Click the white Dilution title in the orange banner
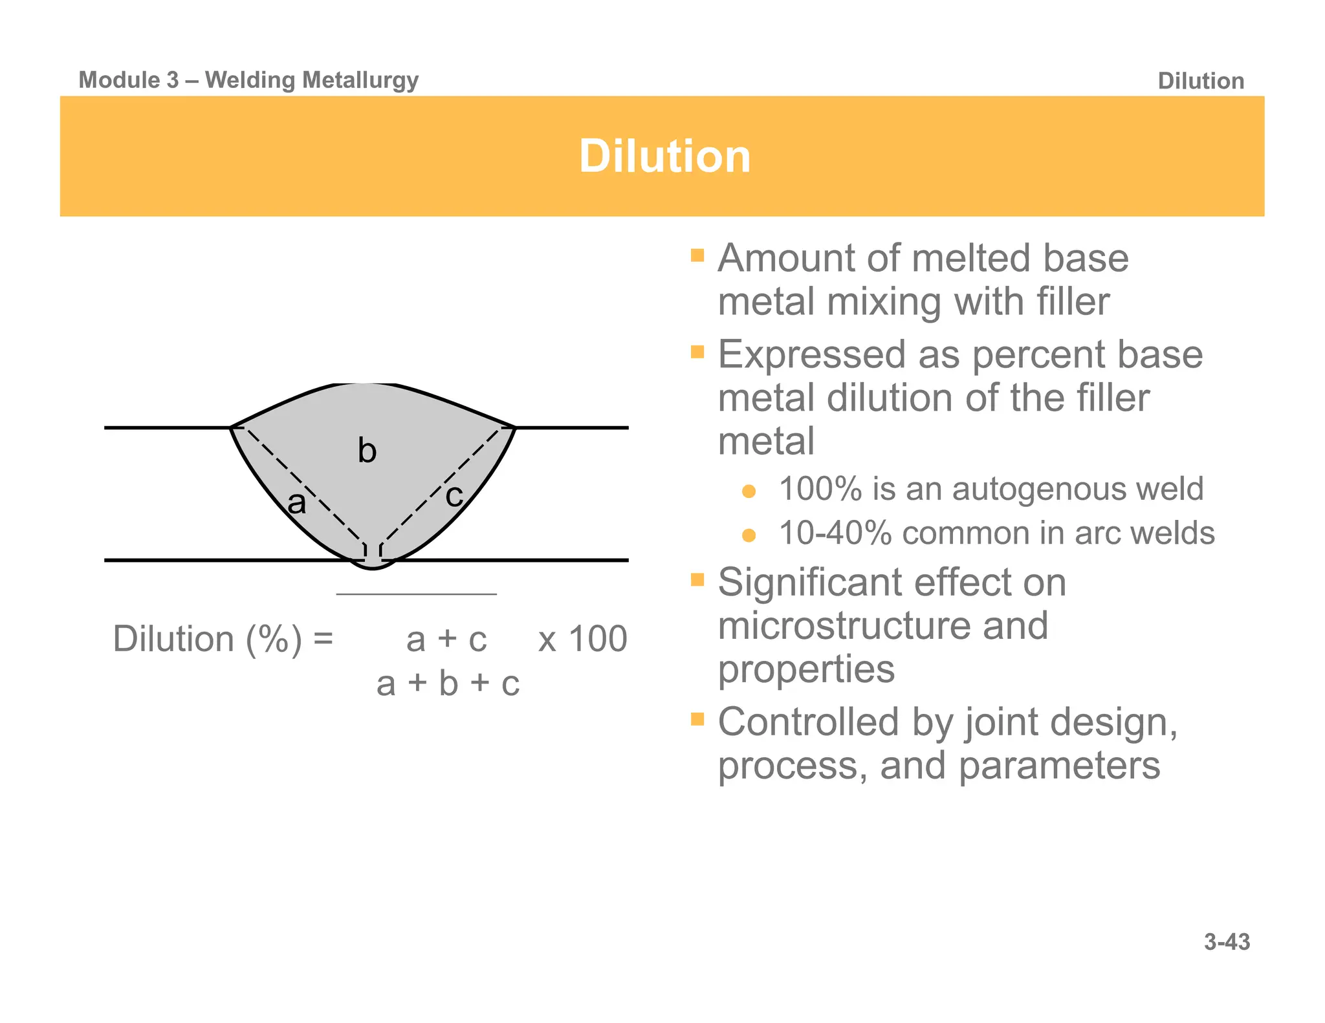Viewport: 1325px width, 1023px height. pyautogui.click(x=664, y=156)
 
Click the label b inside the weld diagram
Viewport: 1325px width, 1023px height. pyautogui.click(x=367, y=451)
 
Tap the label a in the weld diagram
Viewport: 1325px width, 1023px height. pyautogui.click(x=296, y=503)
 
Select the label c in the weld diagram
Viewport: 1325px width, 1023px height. pyautogui.click(x=454, y=496)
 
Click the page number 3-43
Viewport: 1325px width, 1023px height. pyautogui.click(x=1227, y=942)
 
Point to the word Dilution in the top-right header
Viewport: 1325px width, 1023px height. pyautogui.click(x=1201, y=81)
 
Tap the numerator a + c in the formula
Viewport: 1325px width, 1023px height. pyautogui.click(x=446, y=640)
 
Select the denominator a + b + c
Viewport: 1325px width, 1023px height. pyautogui.click(x=448, y=684)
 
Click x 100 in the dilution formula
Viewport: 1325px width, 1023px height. pyautogui.click(x=582, y=640)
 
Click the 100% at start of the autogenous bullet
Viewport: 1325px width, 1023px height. pyautogui.click(x=820, y=489)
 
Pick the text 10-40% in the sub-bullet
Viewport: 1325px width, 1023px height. pyautogui.click(x=835, y=533)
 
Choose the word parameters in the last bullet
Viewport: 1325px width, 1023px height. pyautogui.click(x=1059, y=766)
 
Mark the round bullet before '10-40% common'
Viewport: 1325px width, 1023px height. pyautogui.click(x=749, y=535)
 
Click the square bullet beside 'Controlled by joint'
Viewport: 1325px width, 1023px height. pyautogui.click(x=697, y=719)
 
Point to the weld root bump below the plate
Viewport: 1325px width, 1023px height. pyautogui.click(x=373, y=565)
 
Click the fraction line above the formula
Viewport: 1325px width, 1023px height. pyautogui.click(x=416, y=594)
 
